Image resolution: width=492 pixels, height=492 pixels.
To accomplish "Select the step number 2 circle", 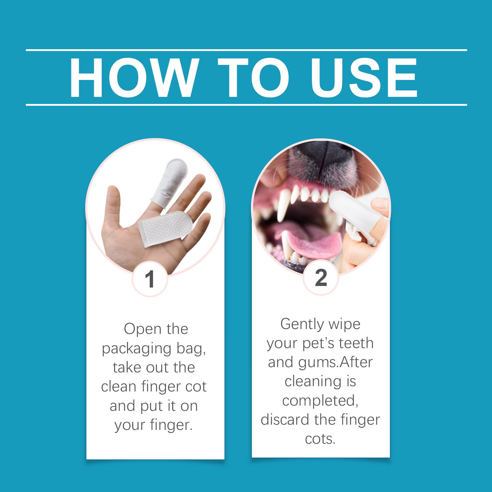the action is [321, 278].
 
